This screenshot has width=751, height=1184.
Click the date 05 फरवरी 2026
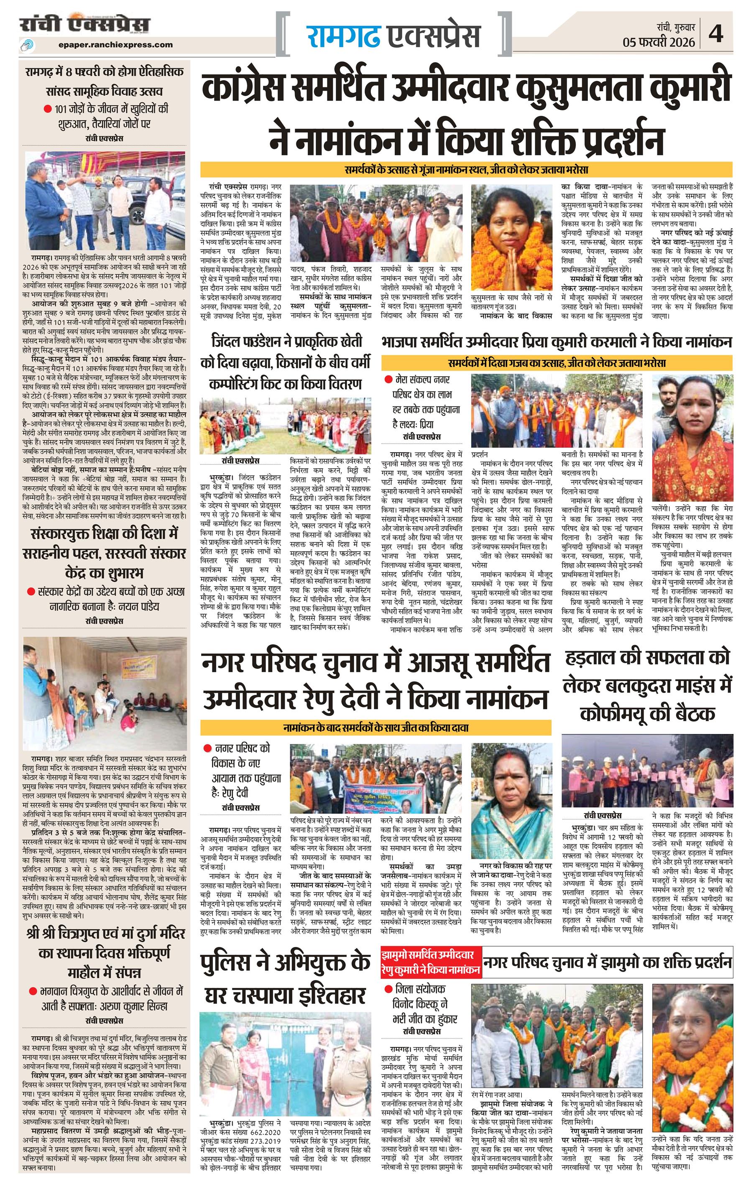(x=659, y=42)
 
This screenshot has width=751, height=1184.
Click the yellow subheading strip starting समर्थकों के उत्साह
(x=466, y=170)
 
